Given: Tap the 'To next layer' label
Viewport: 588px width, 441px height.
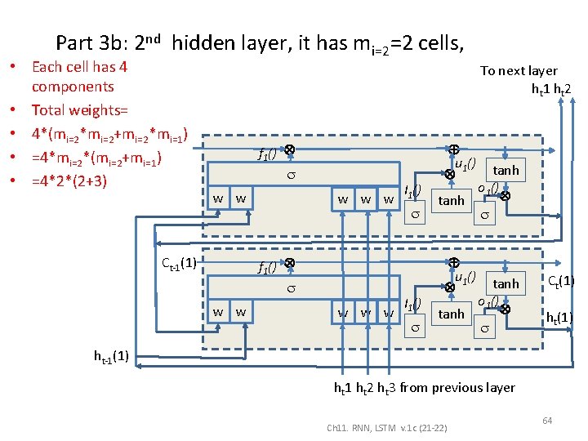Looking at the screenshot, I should pos(519,71).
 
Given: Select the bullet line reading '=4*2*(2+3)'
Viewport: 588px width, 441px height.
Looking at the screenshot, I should pos(69,178).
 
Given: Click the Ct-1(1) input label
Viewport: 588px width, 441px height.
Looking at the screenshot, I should pos(177,263).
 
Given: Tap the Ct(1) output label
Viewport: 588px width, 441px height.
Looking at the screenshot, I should pos(560,281).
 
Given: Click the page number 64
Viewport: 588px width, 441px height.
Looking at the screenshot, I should pos(547,420).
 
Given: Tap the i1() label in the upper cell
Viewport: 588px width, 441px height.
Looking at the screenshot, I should pos(413,192).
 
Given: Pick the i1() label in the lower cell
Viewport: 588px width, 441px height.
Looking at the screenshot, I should pos(413,305).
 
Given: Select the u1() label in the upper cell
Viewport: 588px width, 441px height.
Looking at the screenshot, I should pos(465,165).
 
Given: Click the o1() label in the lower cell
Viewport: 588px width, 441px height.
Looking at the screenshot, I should pos(488,301).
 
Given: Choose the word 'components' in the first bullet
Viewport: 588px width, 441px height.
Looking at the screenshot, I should pos(73,87).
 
